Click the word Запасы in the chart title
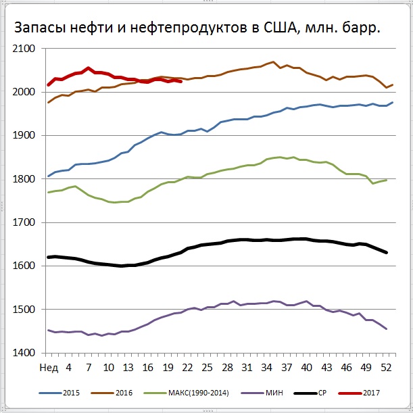click(40, 28)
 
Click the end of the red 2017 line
click(180, 81)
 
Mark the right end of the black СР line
click(386, 253)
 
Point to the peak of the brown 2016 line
click(273, 62)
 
